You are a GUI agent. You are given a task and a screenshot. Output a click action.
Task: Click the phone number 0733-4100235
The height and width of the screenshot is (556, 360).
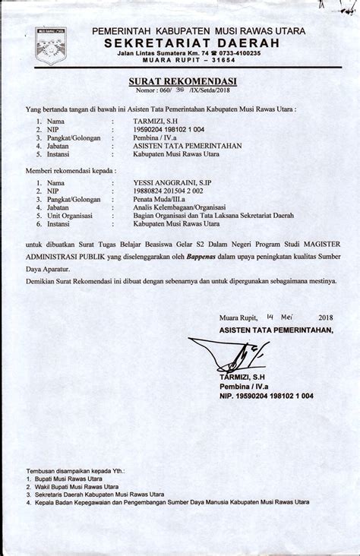(235, 53)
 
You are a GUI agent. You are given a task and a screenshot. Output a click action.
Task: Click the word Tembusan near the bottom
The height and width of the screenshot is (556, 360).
(43, 470)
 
